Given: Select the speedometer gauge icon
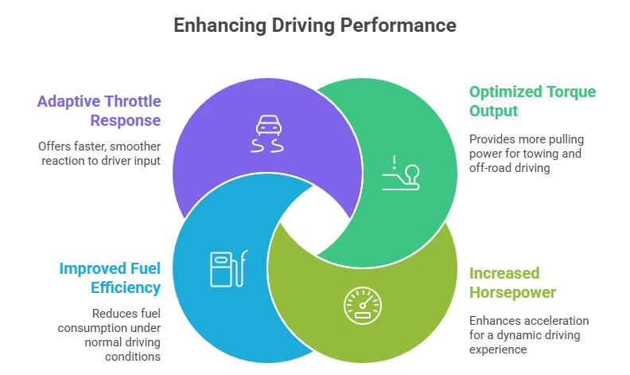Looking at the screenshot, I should pyautogui.click(x=362, y=306).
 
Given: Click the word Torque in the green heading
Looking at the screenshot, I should pyautogui.click(x=568, y=92).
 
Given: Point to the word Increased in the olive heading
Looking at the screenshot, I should pyautogui.click(x=502, y=273).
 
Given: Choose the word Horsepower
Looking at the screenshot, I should pyautogui.click(x=511, y=292).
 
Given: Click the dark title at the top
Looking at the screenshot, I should pyautogui.click(x=315, y=25).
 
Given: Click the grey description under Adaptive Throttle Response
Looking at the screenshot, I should pyautogui.click(x=102, y=153).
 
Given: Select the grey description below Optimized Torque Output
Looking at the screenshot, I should pyautogui.click(x=524, y=151).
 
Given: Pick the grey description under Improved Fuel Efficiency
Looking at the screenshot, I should pyautogui.click(x=112, y=332).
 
